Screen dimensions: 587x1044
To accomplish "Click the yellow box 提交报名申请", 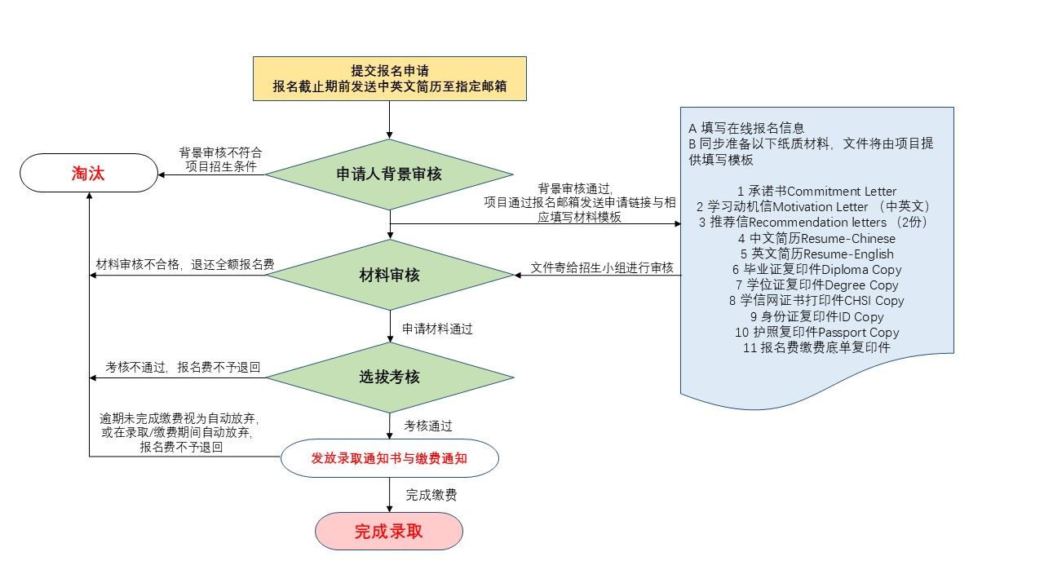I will point(389,78).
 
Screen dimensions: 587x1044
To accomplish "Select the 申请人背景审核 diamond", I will point(389,174).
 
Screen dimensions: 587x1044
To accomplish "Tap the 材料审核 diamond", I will point(389,275).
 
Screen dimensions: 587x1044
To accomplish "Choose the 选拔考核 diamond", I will point(389,377).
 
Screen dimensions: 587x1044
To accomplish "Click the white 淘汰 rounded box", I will point(88,173).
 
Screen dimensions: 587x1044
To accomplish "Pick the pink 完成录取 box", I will point(388,532).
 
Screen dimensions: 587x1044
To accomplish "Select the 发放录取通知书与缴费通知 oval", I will point(389,458).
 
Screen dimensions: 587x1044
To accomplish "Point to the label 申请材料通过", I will point(437,329).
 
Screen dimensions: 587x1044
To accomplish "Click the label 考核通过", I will point(428,425).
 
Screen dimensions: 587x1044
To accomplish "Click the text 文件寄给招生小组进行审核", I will point(602,267).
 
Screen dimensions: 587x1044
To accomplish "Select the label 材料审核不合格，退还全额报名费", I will point(185,265).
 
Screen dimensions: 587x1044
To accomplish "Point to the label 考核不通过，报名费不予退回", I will point(183,368).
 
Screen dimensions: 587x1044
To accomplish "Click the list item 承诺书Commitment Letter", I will point(816,192).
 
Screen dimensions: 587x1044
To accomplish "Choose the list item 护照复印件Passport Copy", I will point(816,332).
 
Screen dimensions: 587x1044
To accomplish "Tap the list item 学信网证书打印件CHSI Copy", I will point(816,301).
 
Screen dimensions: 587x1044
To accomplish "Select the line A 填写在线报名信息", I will point(746,128).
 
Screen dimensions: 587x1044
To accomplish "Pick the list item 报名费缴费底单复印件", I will point(816,347).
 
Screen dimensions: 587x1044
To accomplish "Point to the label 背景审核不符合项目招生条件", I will point(220,160).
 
